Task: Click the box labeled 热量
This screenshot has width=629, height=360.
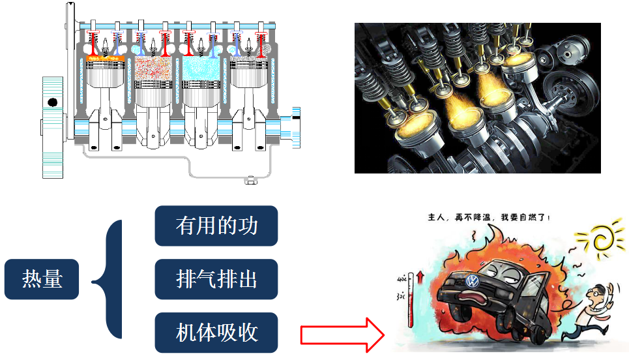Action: point(42,279)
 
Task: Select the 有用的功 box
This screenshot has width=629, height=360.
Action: point(216,226)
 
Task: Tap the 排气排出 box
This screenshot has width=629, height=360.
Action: point(216,279)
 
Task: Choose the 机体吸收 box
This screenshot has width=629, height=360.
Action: point(216,333)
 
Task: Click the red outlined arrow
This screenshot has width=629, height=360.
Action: point(342,335)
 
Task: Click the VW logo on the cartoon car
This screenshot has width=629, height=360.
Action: point(473,281)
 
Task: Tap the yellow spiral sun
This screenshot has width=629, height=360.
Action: point(601,238)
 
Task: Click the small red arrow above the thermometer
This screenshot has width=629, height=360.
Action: point(420,277)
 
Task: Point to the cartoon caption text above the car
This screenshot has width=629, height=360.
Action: point(489,218)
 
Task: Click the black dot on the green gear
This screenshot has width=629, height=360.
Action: point(53,102)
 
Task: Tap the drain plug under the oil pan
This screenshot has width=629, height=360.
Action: point(251,180)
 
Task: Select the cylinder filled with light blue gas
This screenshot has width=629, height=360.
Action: point(201,68)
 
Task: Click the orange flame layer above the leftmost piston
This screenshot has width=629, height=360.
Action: point(106,59)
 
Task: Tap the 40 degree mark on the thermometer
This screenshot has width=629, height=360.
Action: point(402,278)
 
